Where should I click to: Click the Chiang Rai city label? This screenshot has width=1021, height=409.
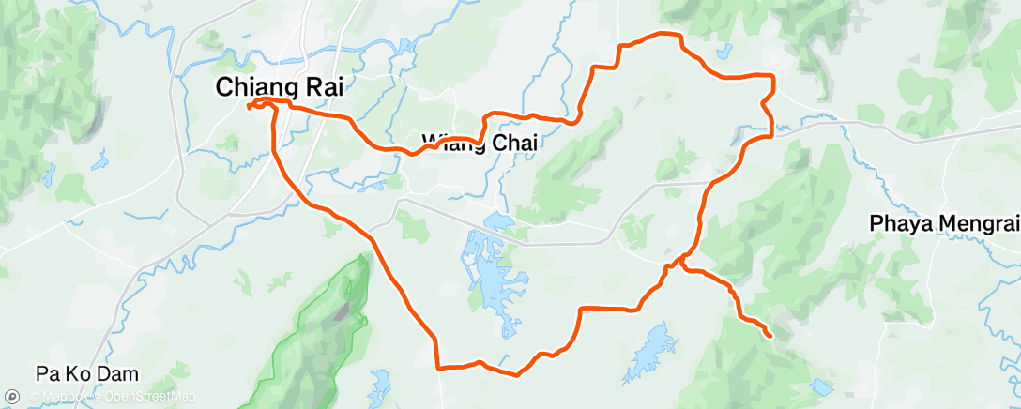pos(280,87)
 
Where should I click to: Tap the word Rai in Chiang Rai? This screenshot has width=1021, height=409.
pos(319,87)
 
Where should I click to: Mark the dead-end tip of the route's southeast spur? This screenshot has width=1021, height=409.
pos(770,335)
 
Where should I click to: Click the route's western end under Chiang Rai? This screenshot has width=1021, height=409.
pos(250,107)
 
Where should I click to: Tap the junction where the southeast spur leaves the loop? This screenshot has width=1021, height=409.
pos(678,265)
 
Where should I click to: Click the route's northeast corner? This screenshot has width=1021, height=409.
pos(771,76)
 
